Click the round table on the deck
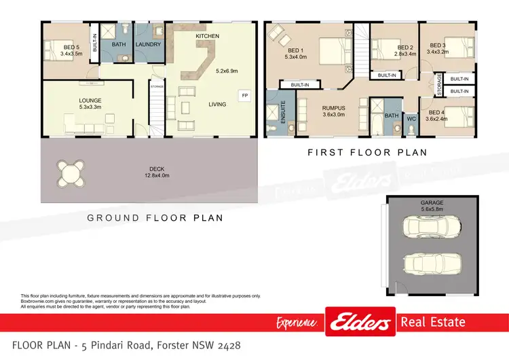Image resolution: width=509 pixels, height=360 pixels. [x=71, y=173]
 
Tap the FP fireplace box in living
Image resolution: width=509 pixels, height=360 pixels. [x=243, y=96]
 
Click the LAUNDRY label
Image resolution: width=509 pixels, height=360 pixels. [x=148, y=46]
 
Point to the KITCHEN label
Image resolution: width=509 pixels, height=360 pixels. [x=207, y=35]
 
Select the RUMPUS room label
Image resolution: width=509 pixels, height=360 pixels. [x=333, y=107]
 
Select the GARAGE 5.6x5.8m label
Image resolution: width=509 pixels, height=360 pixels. [x=432, y=206]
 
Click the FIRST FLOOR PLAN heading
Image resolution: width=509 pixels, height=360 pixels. [x=367, y=153]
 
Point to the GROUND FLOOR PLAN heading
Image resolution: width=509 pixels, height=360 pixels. [x=155, y=218]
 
